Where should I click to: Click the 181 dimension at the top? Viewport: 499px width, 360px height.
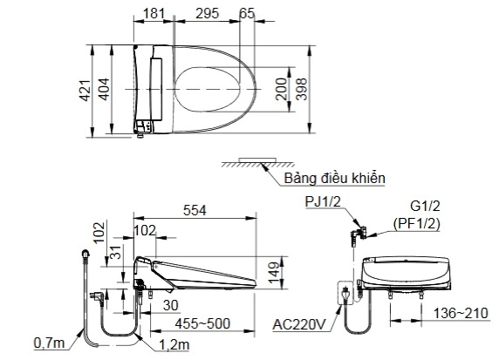point(154,13)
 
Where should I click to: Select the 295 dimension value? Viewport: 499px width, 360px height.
point(207,13)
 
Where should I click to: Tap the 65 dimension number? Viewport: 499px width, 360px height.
point(247,13)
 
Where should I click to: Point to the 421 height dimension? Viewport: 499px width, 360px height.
point(85,91)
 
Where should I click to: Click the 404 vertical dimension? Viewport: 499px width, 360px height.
point(105,90)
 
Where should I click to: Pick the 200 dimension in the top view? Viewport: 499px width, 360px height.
point(281,89)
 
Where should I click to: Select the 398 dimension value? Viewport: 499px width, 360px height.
point(301,90)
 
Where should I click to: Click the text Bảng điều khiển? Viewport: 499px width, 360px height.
point(334,178)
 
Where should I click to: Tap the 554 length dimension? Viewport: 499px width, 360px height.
point(195,210)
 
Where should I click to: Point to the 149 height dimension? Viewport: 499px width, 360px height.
point(274,273)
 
